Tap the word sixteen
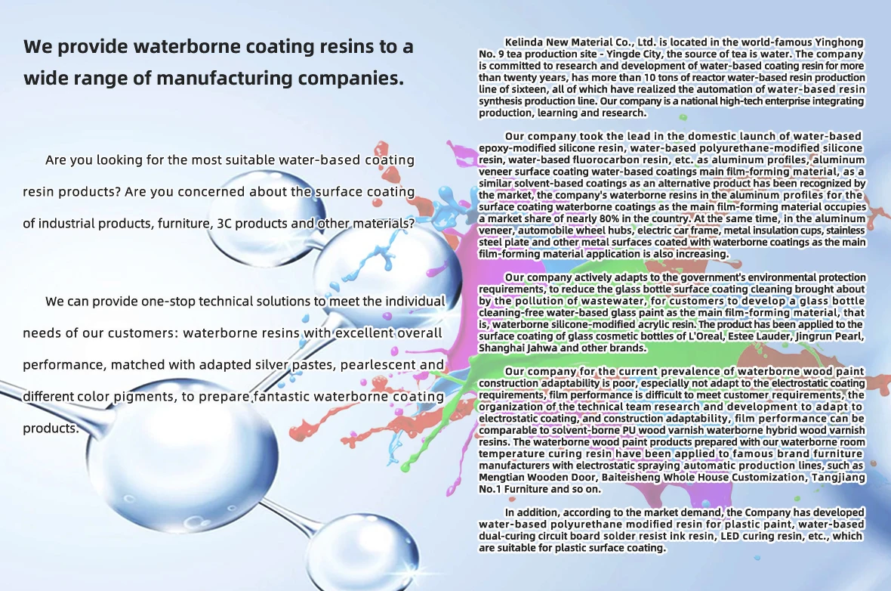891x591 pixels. (x=518, y=89)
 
